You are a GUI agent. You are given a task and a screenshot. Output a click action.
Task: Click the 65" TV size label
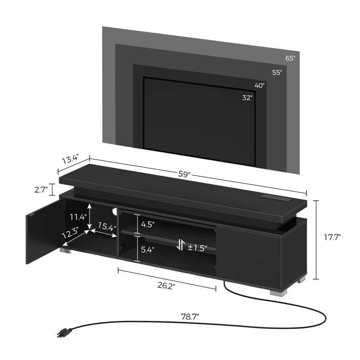(x=290, y=58)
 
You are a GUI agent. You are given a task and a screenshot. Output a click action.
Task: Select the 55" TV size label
(x=277, y=72)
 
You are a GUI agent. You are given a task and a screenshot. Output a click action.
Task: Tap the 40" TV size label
(x=259, y=86)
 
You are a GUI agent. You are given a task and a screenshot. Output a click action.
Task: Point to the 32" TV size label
(x=247, y=97)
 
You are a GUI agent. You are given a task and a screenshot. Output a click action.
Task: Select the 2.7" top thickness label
(x=41, y=190)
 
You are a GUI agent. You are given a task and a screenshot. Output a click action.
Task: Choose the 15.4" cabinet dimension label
(x=107, y=227)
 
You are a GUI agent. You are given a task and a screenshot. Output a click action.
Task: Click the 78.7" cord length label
(x=190, y=316)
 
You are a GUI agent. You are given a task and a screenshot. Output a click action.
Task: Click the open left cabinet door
(x=42, y=230)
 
